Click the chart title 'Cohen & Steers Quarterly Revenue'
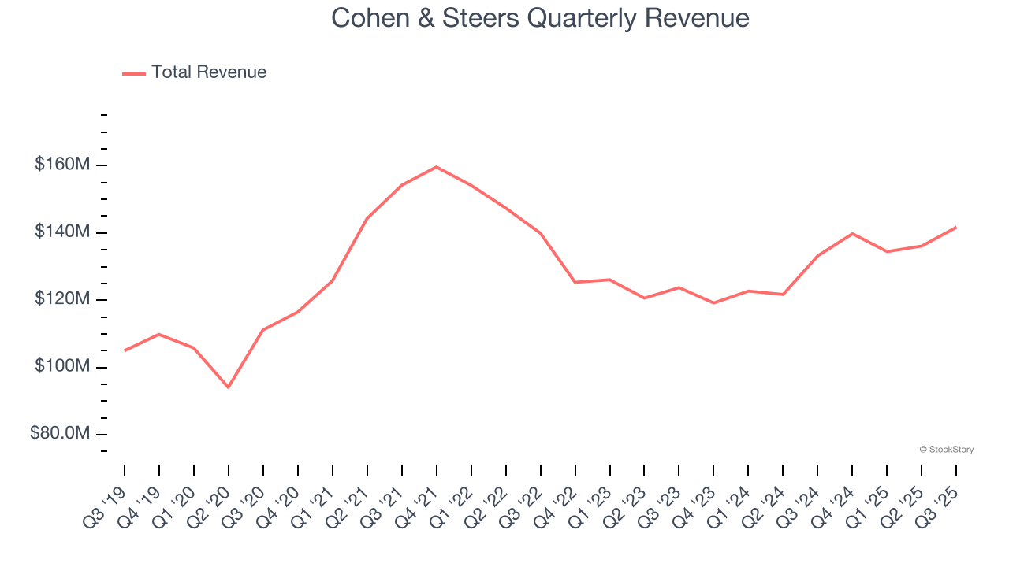coord(540,17)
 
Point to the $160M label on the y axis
coord(62,165)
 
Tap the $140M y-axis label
coord(62,232)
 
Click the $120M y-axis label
coord(62,299)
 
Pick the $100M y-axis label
coord(62,367)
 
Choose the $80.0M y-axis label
coord(61,434)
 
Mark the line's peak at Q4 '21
coord(436,167)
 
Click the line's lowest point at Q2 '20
coord(229,387)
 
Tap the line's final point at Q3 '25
coord(956,228)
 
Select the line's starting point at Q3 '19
coord(125,350)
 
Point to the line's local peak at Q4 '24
coord(852,233)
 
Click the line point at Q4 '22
coord(575,282)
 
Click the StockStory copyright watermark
coord(946,450)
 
